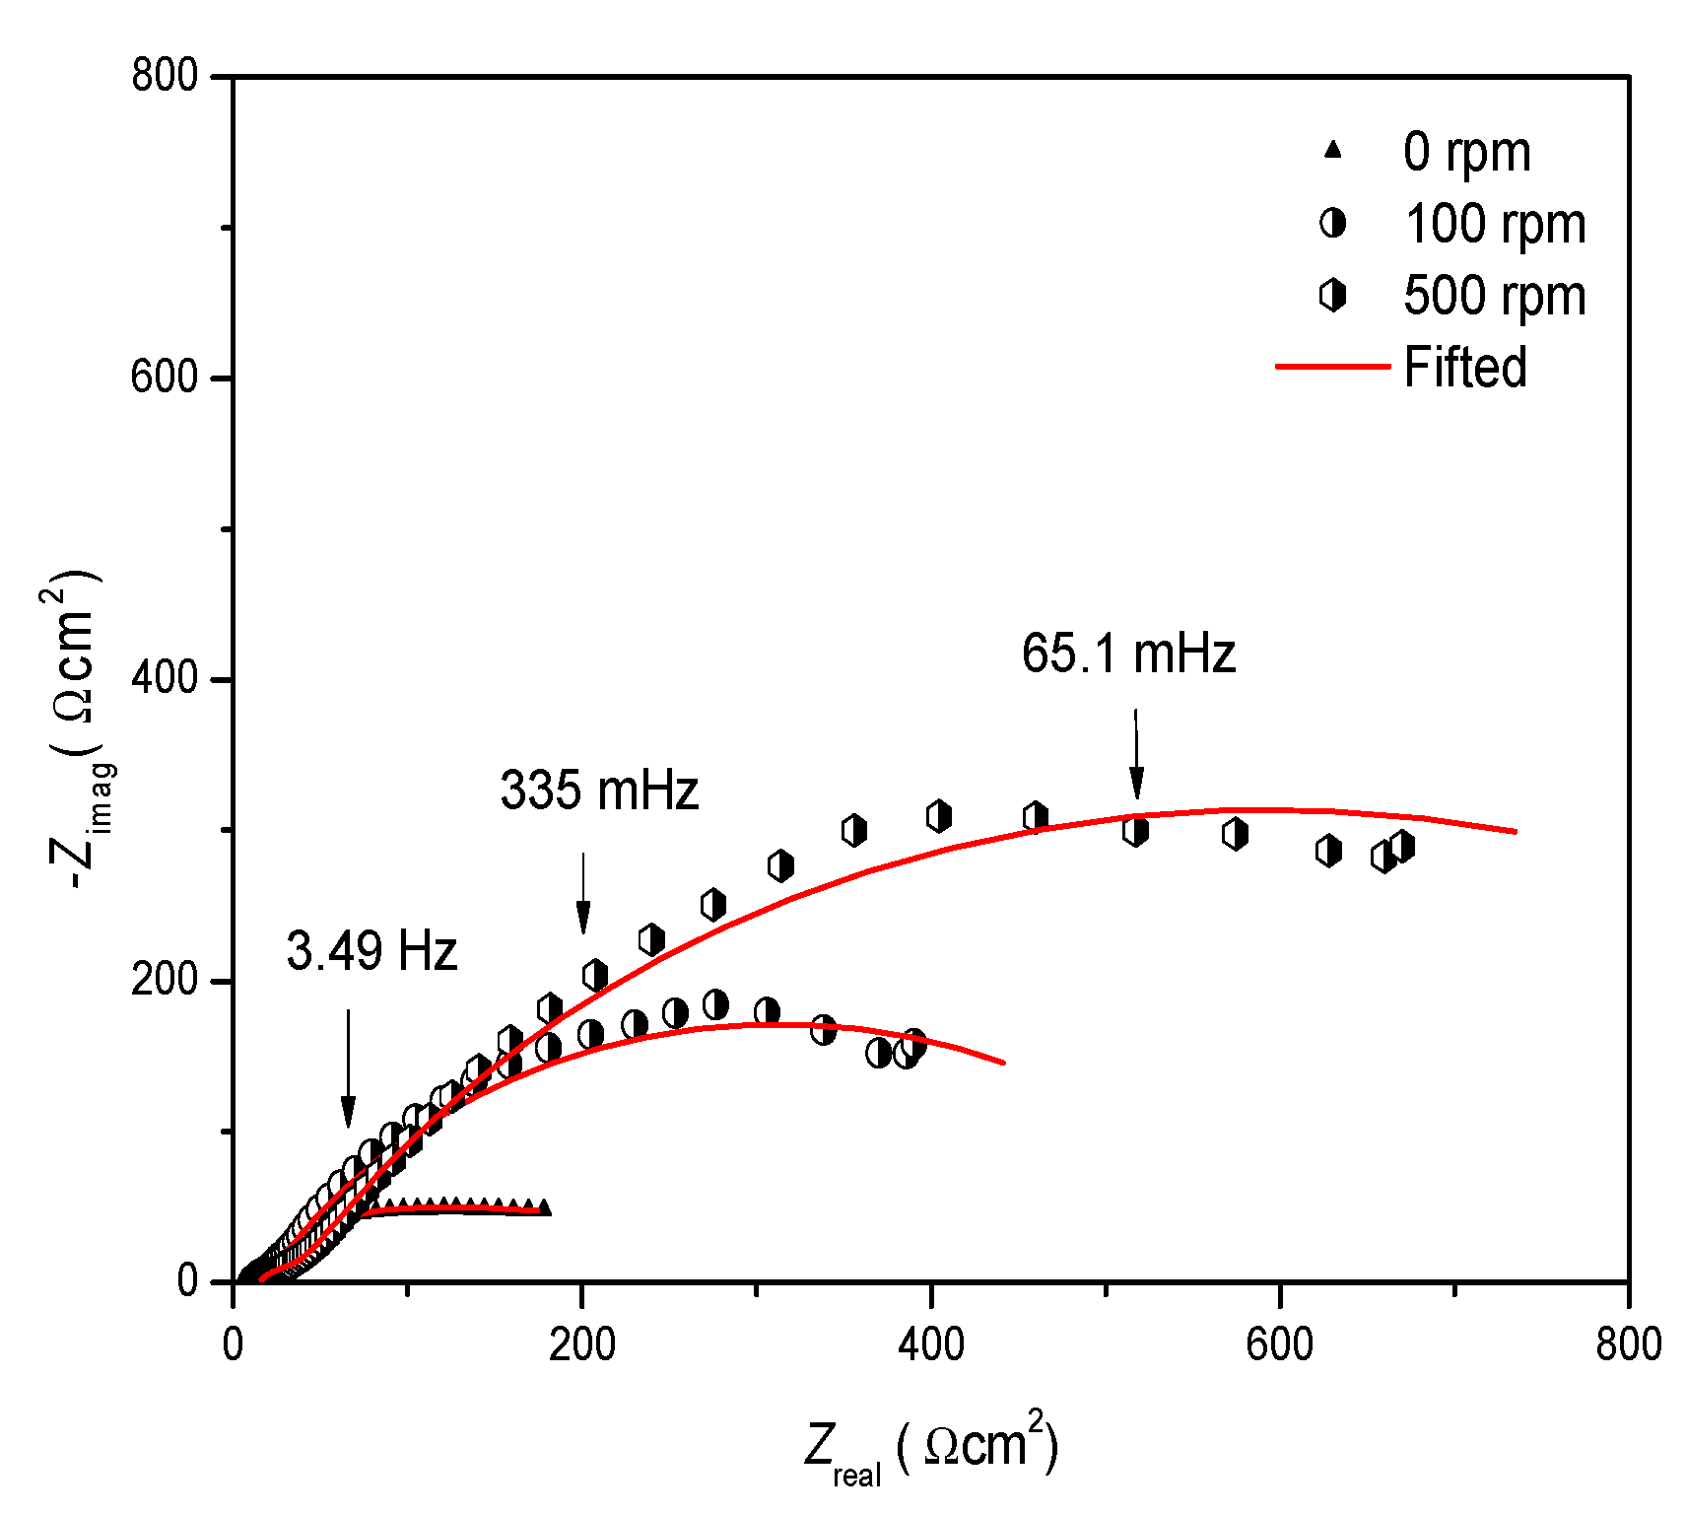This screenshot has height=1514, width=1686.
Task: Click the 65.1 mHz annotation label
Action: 1127,654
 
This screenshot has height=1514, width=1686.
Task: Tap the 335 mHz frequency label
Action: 598,791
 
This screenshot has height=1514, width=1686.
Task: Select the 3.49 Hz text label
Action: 371,952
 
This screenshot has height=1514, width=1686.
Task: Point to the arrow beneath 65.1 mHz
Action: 1136,754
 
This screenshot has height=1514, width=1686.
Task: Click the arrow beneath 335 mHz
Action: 582,893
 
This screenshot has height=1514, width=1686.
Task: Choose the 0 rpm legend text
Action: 1466,152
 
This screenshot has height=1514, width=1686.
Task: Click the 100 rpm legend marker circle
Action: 1332,224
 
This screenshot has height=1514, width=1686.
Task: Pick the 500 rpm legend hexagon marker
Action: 1332,295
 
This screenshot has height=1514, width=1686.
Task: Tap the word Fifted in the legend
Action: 1464,368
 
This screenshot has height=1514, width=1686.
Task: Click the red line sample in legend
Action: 1331,367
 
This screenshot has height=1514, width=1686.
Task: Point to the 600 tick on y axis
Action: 165,378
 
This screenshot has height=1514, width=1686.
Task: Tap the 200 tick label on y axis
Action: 165,981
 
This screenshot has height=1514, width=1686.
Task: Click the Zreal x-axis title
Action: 930,1449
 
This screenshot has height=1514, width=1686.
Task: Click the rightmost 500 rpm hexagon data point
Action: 1402,846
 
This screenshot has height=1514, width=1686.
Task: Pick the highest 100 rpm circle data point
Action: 715,1005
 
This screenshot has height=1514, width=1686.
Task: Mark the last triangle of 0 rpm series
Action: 543,1207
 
